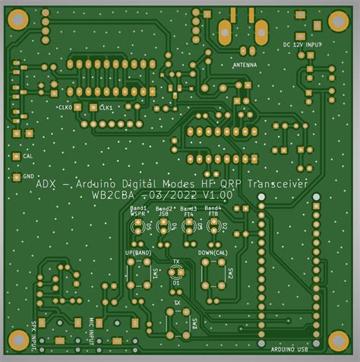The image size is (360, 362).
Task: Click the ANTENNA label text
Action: point(244,65)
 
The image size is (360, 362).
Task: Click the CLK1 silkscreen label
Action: point(106,108)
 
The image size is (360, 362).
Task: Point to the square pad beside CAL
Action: point(17,156)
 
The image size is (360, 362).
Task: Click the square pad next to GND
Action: point(16,176)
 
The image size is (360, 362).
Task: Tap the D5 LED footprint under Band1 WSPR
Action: point(140,226)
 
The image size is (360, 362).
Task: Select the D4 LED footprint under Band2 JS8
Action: point(164,226)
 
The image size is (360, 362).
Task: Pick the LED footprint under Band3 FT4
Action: point(189,226)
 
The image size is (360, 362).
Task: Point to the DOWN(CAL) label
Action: point(213,252)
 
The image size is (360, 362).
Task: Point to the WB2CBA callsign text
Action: point(115,195)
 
